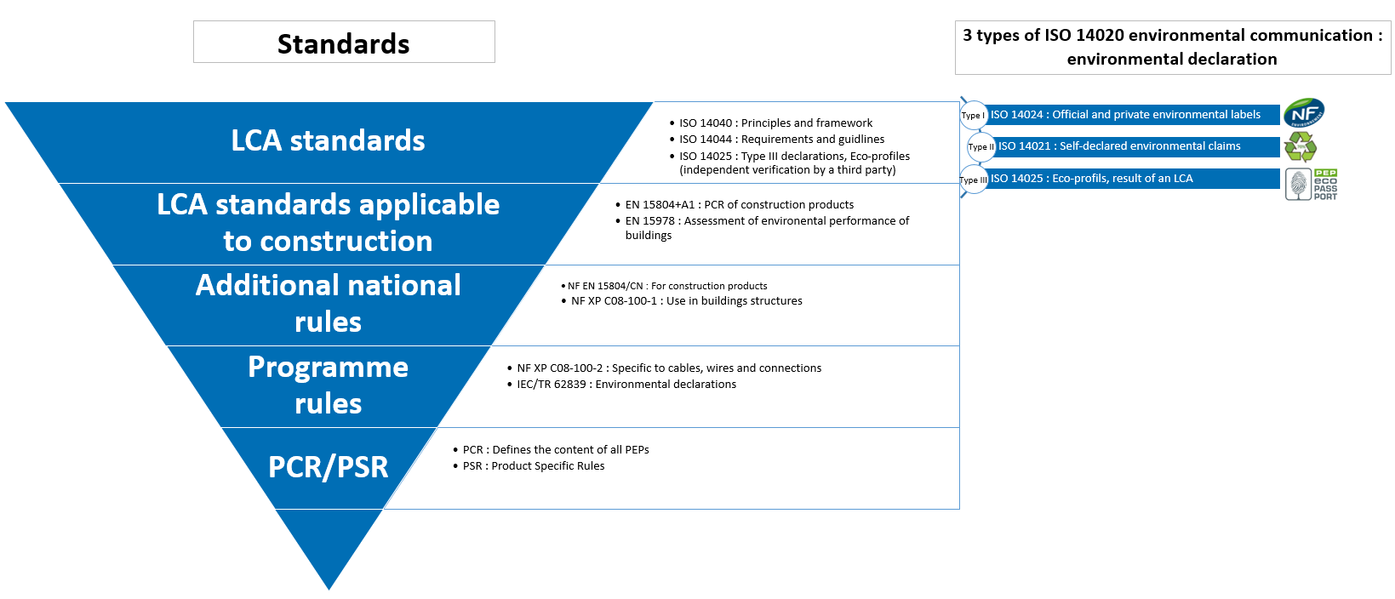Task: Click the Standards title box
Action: pyautogui.click(x=344, y=43)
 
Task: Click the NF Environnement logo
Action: pyautogui.click(x=1303, y=113)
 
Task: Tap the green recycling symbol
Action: pyautogui.click(x=1300, y=146)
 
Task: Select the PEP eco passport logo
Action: pyautogui.click(x=1311, y=184)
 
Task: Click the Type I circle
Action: pyautogui.click(x=972, y=115)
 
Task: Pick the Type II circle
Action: pyautogui.click(x=981, y=146)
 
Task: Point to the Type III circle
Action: pyautogui.click(x=973, y=180)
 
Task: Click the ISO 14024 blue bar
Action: pyautogui.click(x=1132, y=115)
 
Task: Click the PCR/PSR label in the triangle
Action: pyautogui.click(x=328, y=467)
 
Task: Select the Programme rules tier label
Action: pyautogui.click(x=328, y=385)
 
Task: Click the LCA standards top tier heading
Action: pyautogui.click(x=328, y=140)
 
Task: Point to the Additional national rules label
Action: pyautogui.click(x=328, y=303)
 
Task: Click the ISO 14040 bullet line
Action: pyautogui.click(x=775, y=123)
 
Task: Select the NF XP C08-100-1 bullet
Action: pyautogui.click(x=686, y=301)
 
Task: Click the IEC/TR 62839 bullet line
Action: pyautogui.click(x=626, y=385)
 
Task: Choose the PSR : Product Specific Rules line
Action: pyautogui.click(x=534, y=466)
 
